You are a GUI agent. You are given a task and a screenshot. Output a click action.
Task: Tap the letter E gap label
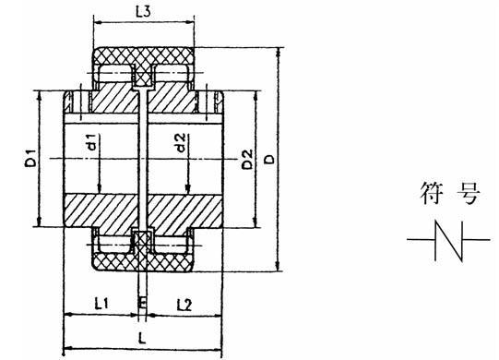coord(140,304)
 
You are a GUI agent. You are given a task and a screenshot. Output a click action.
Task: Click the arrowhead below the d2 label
coord(187,189)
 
